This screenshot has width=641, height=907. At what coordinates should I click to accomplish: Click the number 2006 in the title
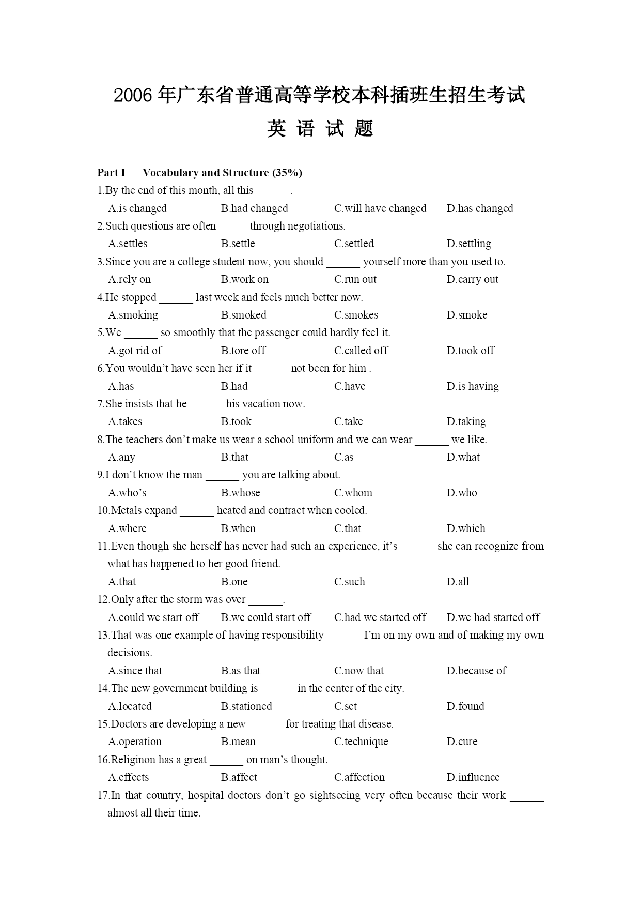click(x=133, y=96)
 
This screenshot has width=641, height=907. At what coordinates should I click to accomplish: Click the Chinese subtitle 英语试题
click(x=320, y=129)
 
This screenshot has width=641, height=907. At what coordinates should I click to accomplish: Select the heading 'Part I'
click(x=111, y=173)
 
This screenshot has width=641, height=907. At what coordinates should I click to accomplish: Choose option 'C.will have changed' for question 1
click(x=380, y=208)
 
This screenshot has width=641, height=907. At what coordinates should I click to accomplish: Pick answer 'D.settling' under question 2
click(x=468, y=244)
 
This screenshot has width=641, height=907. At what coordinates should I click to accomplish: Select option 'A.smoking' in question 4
click(x=133, y=315)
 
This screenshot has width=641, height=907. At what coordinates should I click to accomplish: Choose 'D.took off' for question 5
click(x=470, y=351)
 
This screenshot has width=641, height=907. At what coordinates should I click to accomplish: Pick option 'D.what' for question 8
click(x=463, y=457)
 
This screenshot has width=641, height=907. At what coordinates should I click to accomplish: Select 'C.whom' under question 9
click(x=353, y=493)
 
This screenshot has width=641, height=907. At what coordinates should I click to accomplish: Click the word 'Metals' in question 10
click(x=127, y=510)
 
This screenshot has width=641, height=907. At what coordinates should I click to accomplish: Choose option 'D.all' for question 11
click(x=458, y=582)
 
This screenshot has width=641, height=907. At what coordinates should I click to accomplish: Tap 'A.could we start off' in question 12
click(x=153, y=617)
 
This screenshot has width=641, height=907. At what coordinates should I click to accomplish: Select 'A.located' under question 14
click(x=130, y=706)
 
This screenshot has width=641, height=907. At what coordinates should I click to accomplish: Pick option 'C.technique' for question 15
click(x=361, y=742)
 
